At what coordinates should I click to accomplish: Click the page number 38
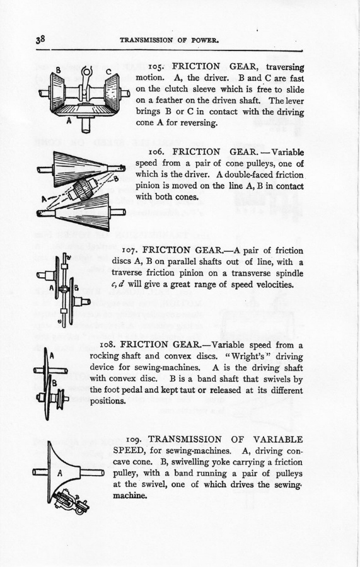(x=40, y=39)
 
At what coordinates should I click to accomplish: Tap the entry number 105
(x=156, y=67)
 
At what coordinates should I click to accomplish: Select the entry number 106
(x=156, y=152)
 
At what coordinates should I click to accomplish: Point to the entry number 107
(x=130, y=251)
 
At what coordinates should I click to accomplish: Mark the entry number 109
(x=134, y=440)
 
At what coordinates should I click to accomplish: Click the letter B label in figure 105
(x=58, y=70)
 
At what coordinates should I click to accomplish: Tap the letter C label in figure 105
(x=108, y=71)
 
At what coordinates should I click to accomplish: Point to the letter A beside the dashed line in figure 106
(x=44, y=199)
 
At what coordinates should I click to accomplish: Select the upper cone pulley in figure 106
(x=80, y=168)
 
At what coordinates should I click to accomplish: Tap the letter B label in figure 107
(x=76, y=288)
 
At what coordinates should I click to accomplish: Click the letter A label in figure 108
(x=52, y=356)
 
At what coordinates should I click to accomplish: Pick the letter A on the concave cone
(x=60, y=472)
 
